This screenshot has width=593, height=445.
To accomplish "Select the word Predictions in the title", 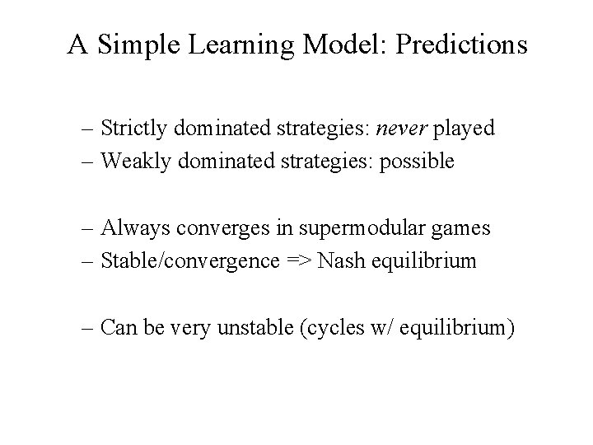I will pyautogui.click(x=461, y=44).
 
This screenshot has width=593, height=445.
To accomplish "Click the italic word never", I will pyautogui.click(x=399, y=129).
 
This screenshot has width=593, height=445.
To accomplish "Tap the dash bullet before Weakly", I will pyautogui.click(x=88, y=162).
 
